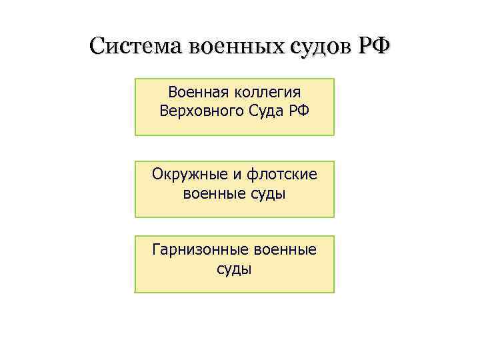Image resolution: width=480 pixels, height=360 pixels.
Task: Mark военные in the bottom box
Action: point(285,251)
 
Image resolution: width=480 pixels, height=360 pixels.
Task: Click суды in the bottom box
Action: point(235,270)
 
